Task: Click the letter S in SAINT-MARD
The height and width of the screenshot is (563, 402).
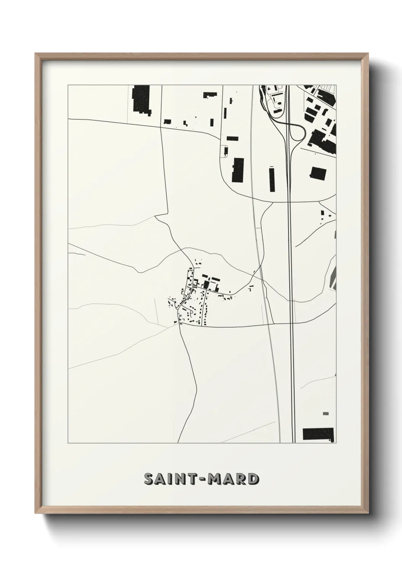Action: tap(149, 479)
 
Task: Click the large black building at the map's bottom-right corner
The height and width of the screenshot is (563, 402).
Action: tap(318, 434)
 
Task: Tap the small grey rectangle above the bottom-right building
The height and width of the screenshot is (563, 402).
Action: tap(326, 414)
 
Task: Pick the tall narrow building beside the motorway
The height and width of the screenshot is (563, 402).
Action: tap(272, 180)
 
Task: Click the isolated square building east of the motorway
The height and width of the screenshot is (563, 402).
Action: tap(318, 173)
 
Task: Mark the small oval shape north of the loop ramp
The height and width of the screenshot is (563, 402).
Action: tap(274, 100)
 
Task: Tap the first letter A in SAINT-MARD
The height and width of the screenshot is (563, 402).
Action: tap(160, 479)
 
